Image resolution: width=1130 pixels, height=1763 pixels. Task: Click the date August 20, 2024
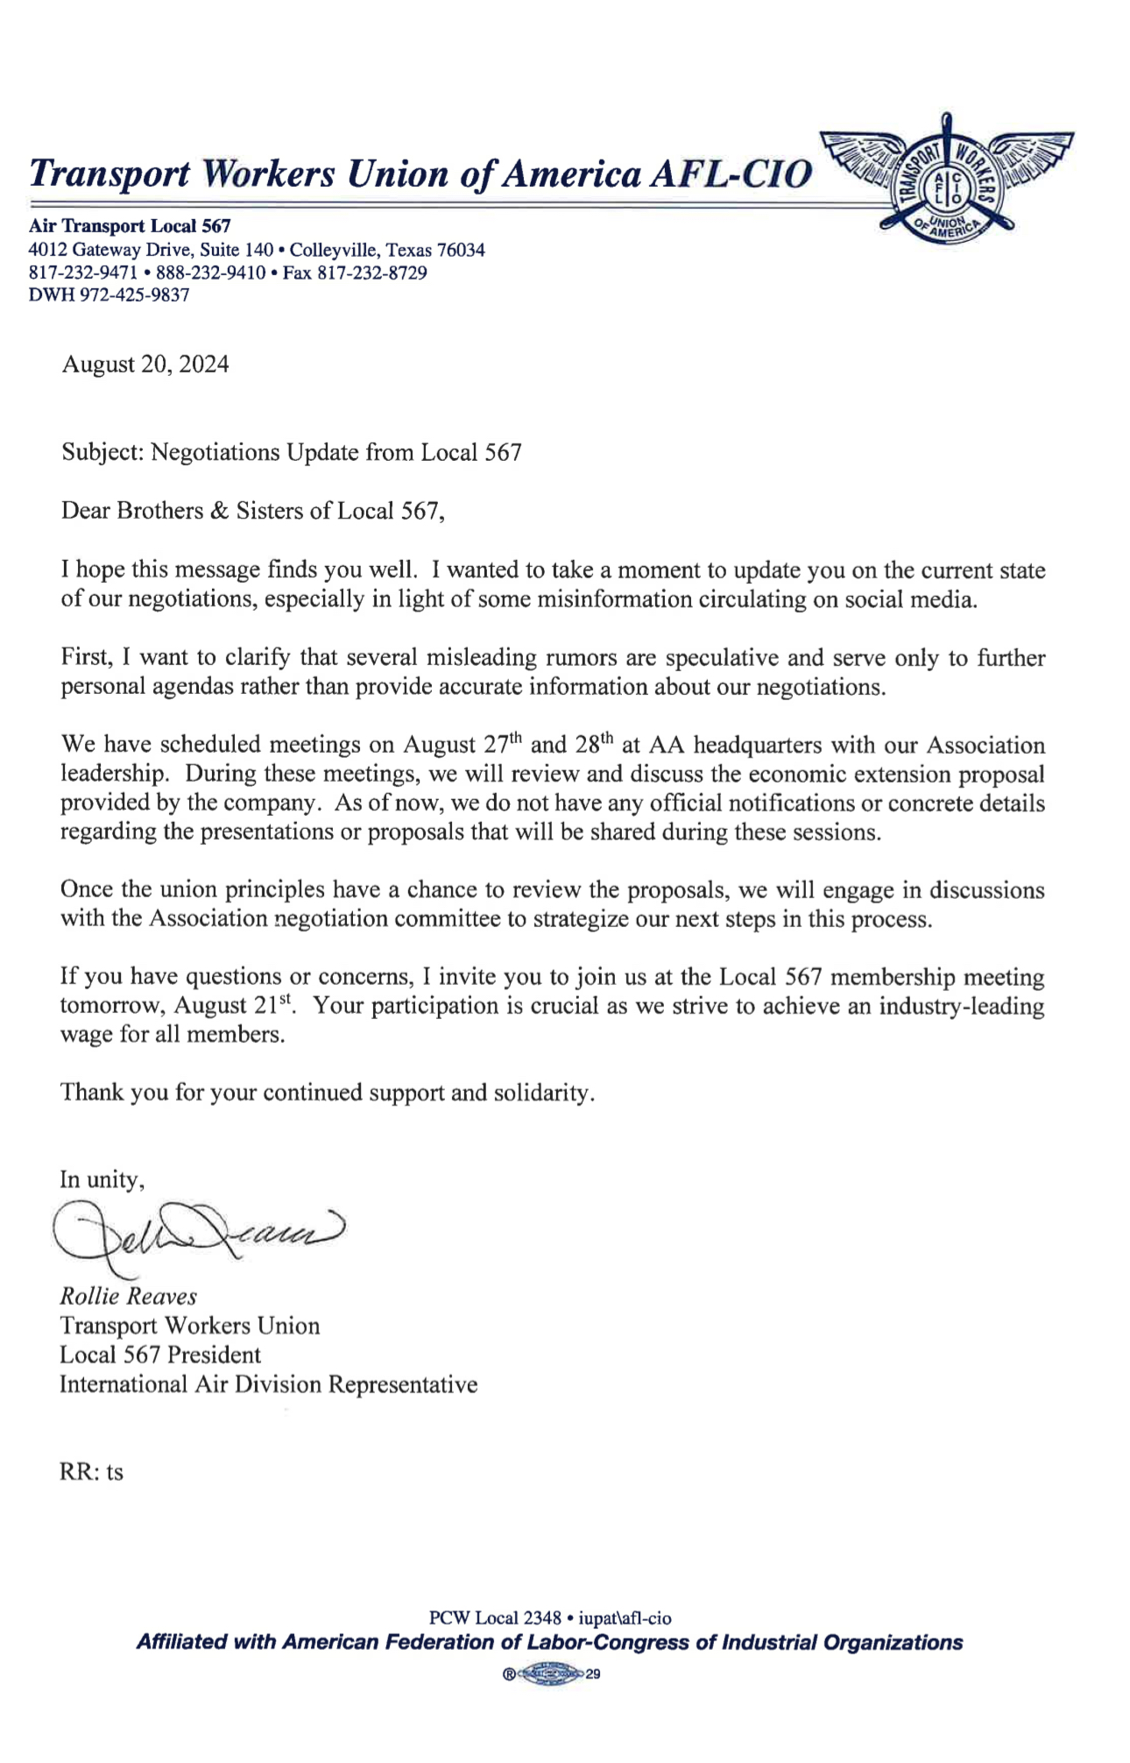coord(145,365)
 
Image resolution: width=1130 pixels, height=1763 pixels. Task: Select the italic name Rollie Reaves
coord(128,1297)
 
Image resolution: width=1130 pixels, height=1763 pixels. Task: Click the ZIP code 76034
coord(461,250)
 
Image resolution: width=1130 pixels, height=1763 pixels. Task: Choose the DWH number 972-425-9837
coord(134,295)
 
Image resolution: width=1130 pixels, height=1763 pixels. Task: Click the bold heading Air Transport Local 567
coord(130,226)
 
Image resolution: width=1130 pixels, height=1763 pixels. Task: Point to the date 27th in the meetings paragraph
coord(502,745)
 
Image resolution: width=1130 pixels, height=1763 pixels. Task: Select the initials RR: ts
coord(91,1472)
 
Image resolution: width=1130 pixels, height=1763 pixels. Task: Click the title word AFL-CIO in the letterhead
coord(731,174)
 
